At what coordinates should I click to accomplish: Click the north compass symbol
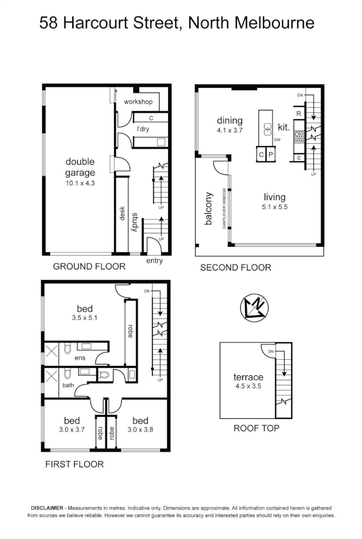pos(255,308)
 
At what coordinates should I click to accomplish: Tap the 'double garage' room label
pos(80,167)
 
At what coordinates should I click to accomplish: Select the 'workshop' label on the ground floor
pos(138,102)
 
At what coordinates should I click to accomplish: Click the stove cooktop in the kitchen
pos(299,136)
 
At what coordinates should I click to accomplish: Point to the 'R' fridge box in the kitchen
pos(298,114)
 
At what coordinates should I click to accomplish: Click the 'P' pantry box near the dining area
pos(270,155)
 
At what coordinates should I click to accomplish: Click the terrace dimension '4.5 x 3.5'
pos(248,386)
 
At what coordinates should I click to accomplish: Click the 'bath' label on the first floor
pos(68,385)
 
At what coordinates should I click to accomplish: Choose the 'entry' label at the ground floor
pos(154,261)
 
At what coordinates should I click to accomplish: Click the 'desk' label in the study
pos(122,215)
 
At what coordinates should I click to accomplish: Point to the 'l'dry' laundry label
pos(144,129)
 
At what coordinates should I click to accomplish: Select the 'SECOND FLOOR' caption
pos(235,268)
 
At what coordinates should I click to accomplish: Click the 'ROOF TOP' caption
pos(257,428)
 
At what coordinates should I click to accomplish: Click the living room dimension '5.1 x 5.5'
pos(274,206)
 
